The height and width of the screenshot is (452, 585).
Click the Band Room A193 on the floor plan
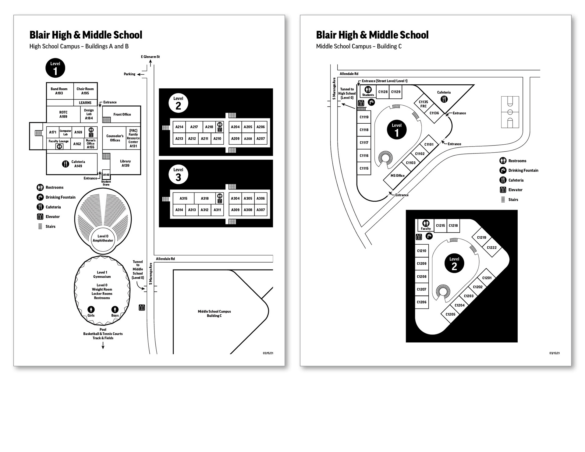tap(59, 91)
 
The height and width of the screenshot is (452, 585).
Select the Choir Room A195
tap(85, 91)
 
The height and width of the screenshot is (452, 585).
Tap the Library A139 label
tap(126, 164)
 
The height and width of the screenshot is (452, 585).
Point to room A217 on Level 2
tap(194, 127)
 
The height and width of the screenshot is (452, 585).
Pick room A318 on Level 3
tap(205, 199)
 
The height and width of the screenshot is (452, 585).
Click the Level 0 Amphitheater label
tap(103, 238)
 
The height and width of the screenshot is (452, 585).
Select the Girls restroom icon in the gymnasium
tap(91, 310)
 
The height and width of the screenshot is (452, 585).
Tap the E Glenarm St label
tap(150, 57)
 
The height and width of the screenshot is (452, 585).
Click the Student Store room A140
tap(106, 175)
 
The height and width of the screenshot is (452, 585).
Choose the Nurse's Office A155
tap(90, 144)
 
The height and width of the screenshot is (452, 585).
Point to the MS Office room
tap(398, 176)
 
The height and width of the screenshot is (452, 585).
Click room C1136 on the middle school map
tap(434, 113)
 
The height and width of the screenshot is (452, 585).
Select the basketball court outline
tap(510, 112)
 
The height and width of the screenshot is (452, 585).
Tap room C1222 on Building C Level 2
tap(492, 248)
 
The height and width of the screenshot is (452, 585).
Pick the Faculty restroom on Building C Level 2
tap(426, 225)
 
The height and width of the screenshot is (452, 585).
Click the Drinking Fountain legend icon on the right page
tap(503, 171)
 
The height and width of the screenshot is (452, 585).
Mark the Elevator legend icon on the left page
tap(40, 217)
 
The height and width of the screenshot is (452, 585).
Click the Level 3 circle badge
tap(178, 175)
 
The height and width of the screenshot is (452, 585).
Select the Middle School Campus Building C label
tap(214, 314)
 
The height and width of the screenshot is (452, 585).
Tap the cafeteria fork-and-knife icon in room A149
tap(66, 164)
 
